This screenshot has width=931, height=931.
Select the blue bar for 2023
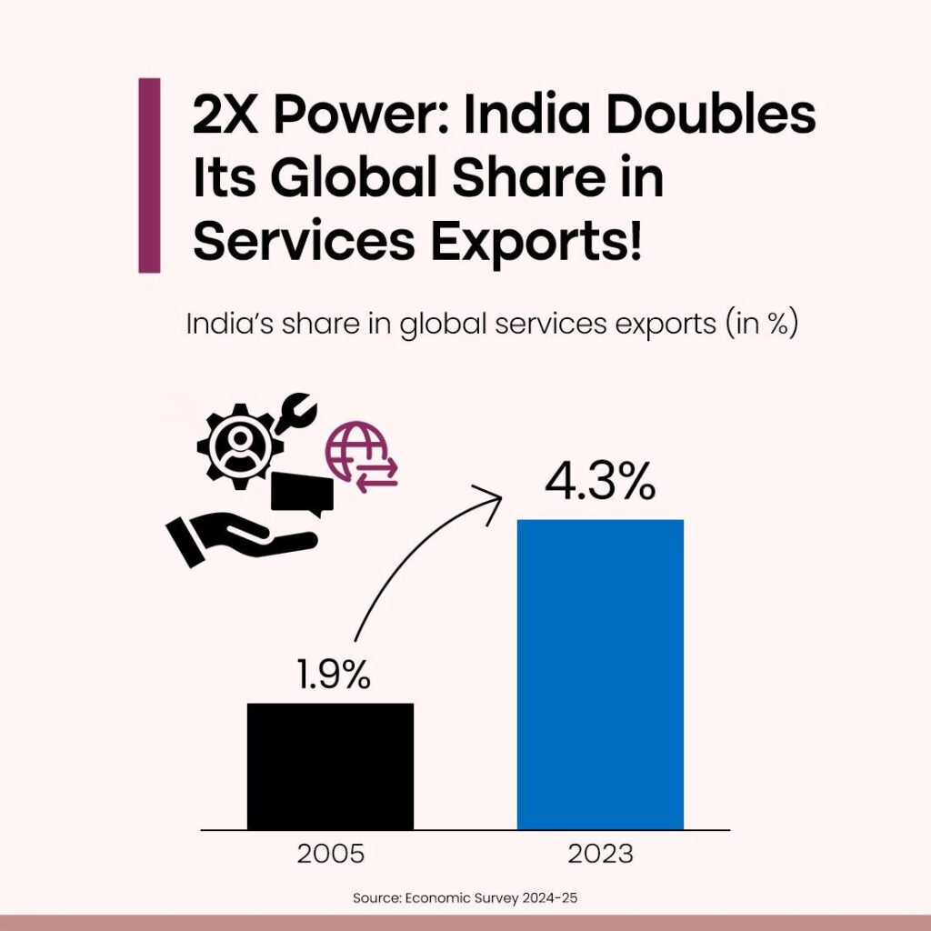click(x=600, y=674)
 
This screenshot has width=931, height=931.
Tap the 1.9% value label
click(x=333, y=675)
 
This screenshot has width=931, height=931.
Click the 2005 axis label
click(x=331, y=855)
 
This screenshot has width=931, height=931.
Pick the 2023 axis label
click(x=600, y=855)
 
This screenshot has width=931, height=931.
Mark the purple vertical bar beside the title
click(x=149, y=175)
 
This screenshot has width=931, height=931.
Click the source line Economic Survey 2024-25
click(x=465, y=898)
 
